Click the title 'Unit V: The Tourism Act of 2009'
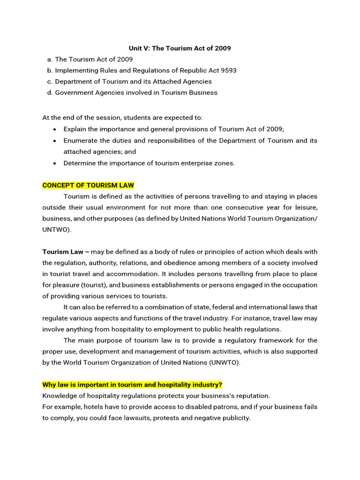(180, 48)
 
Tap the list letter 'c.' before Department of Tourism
(50, 82)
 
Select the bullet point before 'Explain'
(55, 129)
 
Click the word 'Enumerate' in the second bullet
(80, 141)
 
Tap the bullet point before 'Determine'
(55, 164)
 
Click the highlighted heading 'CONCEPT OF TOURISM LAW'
(88, 185)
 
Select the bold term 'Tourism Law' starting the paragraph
(63, 252)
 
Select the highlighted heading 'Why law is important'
(132, 385)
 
